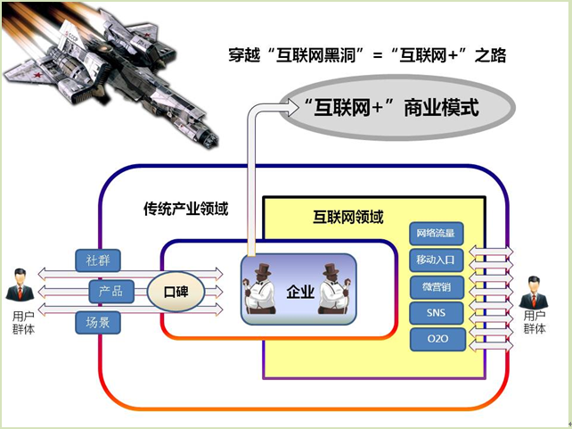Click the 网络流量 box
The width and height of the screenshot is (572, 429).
(x=436, y=235)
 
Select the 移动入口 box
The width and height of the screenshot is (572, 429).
(x=436, y=260)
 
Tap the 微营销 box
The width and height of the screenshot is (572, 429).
(x=436, y=287)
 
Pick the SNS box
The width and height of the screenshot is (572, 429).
(x=436, y=313)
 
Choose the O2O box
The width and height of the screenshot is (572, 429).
(x=436, y=339)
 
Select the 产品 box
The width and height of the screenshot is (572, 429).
(x=111, y=291)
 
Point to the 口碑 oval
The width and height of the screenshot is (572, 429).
(x=176, y=292)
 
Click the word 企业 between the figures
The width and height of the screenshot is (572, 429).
(x=299, y=292)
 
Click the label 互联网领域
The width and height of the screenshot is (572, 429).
(x=347, y=216)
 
